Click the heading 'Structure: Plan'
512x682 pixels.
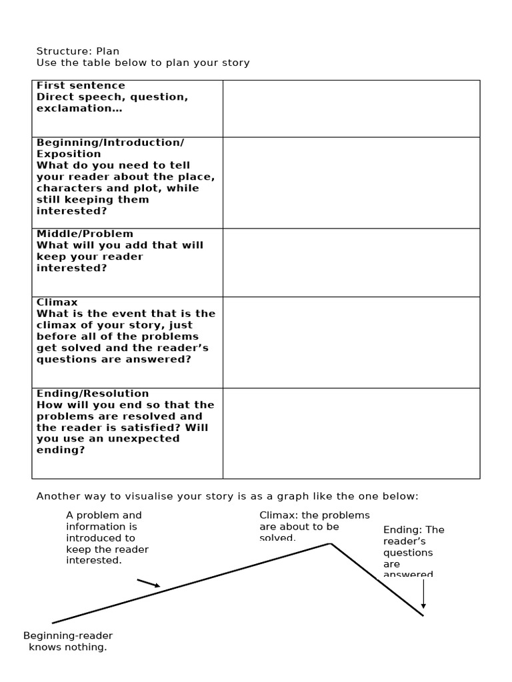78,51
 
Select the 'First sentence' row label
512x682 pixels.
81,85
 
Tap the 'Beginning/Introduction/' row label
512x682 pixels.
110,143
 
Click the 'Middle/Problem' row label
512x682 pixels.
85,234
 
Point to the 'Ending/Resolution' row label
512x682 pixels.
93,394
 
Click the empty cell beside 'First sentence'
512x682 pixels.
351,109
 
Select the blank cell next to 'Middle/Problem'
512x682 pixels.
351,262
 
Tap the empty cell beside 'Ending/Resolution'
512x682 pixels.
351,433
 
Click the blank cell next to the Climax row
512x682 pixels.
351,342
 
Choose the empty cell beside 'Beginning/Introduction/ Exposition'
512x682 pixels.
351,182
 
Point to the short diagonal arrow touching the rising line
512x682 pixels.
149,583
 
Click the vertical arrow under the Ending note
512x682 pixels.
423,593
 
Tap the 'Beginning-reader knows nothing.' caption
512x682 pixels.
68,641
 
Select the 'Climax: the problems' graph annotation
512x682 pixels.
314,515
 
